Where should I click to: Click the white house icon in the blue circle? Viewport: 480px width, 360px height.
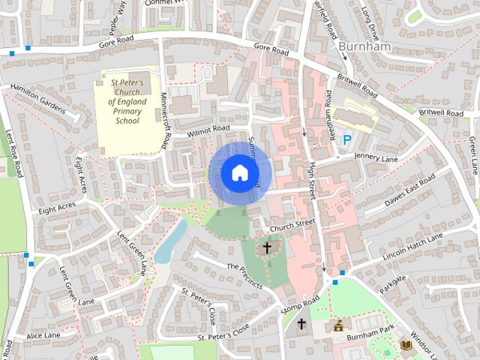coord(238,172)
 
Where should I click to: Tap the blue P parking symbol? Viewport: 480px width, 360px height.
coord(346,139)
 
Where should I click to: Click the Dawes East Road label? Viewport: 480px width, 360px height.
coord(409,191)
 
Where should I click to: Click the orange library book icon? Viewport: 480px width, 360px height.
coord(406,344)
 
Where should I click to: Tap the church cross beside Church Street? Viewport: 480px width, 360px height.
coord(267,247)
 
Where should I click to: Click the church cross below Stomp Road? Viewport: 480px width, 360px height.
coord(301,325)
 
